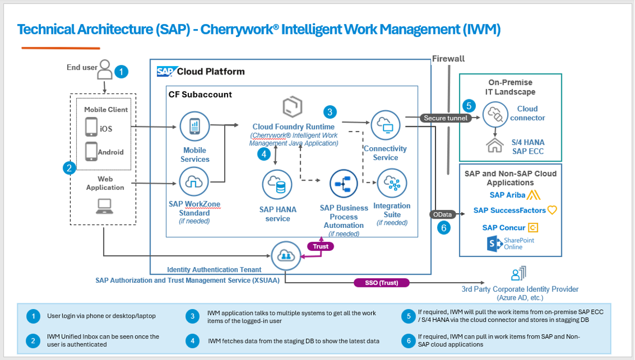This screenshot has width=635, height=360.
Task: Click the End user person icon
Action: pyautogui.click(x=105, y=69)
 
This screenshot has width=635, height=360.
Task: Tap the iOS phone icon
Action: pyautogui.click(x=91, y=128)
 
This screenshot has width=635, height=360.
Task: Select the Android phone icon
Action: pyautogui.click(x=91, y=152)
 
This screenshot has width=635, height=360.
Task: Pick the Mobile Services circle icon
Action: pyautogui.click(x=194, y=127)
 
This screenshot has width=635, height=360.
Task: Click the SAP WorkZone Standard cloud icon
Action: pyautogui.click(x=194, y=182)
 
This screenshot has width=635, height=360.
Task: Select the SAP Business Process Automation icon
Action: pyautogui.click(x=344, y=184)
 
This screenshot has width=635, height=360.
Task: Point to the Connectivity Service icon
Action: pyautogui.click(x=386, y=125)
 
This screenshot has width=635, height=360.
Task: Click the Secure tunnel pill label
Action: pyautogui.click(x=446, y=118)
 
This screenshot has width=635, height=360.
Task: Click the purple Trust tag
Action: pyautogui.click(x=320, y=246)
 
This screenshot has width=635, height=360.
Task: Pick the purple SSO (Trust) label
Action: pyautogui.click(x=382, y=283)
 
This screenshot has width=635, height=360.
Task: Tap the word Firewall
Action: pyautogui.click(x=448, y=59)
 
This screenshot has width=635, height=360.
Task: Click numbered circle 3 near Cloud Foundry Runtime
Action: pyautogui.click(x=330, y=112)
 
